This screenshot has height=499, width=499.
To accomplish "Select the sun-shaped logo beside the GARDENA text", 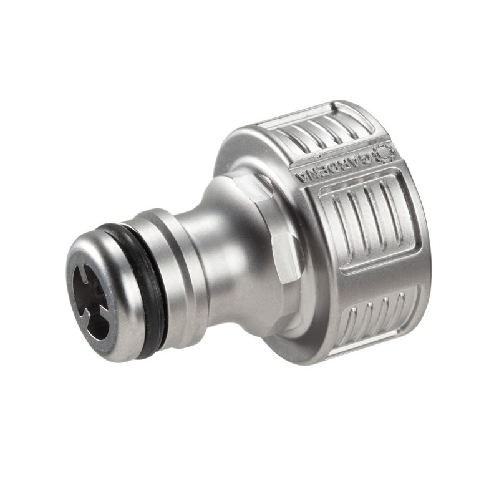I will [x=382, y=153].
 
